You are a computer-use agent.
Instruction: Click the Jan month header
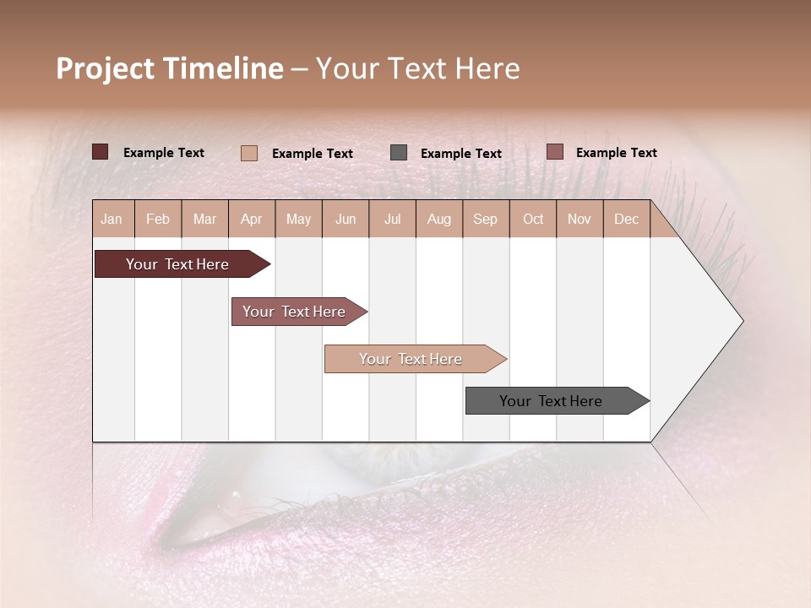(112, 219)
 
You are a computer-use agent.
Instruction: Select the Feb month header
(158, 219)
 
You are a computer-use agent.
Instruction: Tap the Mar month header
(204, 219)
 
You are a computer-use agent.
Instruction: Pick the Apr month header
(252, 219)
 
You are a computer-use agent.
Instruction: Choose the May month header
(298, 219)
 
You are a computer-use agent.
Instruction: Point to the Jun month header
(346, 219)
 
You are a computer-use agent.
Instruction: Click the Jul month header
(392, 219)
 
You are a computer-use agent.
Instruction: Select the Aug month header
(439, 219)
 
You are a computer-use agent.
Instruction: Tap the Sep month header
(486, 219)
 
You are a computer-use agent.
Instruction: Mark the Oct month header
(533, 219)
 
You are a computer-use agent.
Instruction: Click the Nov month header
(580, 219)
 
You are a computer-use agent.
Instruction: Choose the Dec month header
(627, 219)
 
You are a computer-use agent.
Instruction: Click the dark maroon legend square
(100, 152)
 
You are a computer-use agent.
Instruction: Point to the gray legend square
(399, 153)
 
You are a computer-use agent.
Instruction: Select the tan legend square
(249, 153)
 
